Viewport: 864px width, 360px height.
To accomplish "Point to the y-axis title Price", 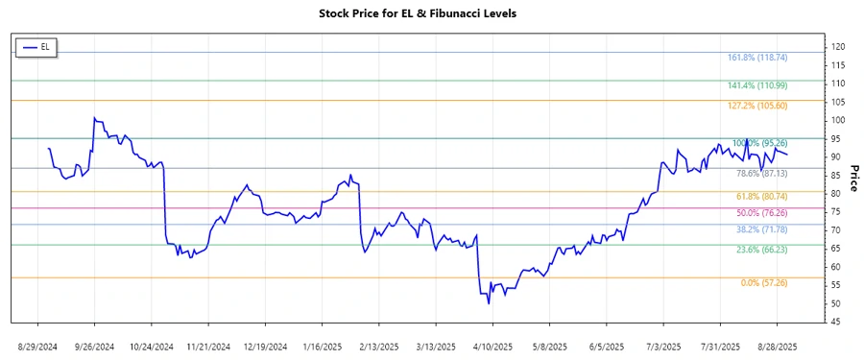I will (x=852, y=179).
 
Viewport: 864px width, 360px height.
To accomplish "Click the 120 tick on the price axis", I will (x=838, y=47).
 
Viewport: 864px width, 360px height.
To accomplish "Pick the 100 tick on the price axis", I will (x=838, y=120).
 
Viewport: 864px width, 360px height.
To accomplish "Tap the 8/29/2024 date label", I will (x=37, y=345).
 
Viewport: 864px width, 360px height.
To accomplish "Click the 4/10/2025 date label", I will (x=492, y=345).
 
